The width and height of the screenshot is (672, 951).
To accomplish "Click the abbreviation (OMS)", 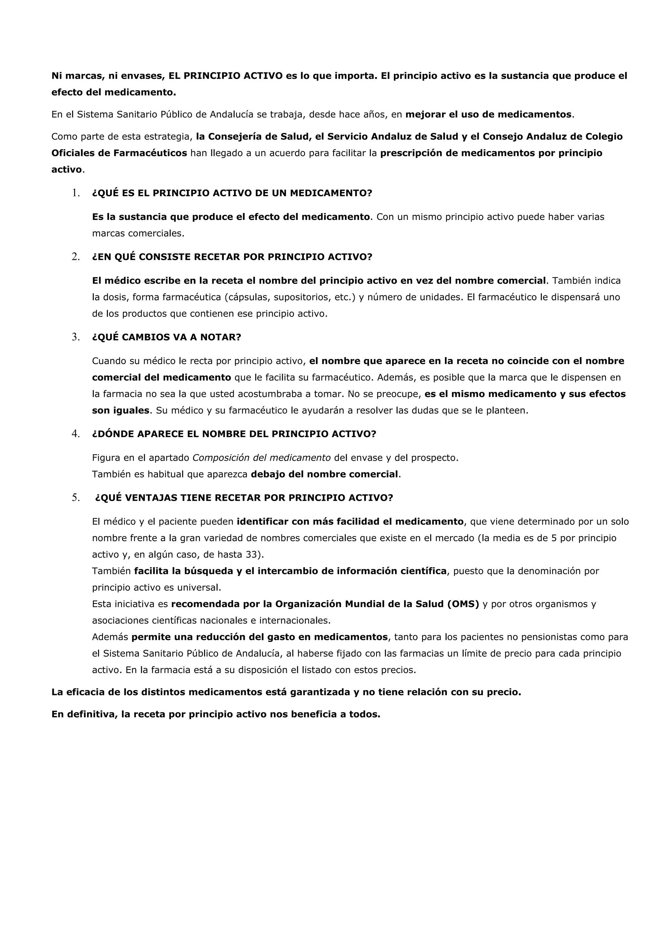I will pos(463,604).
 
